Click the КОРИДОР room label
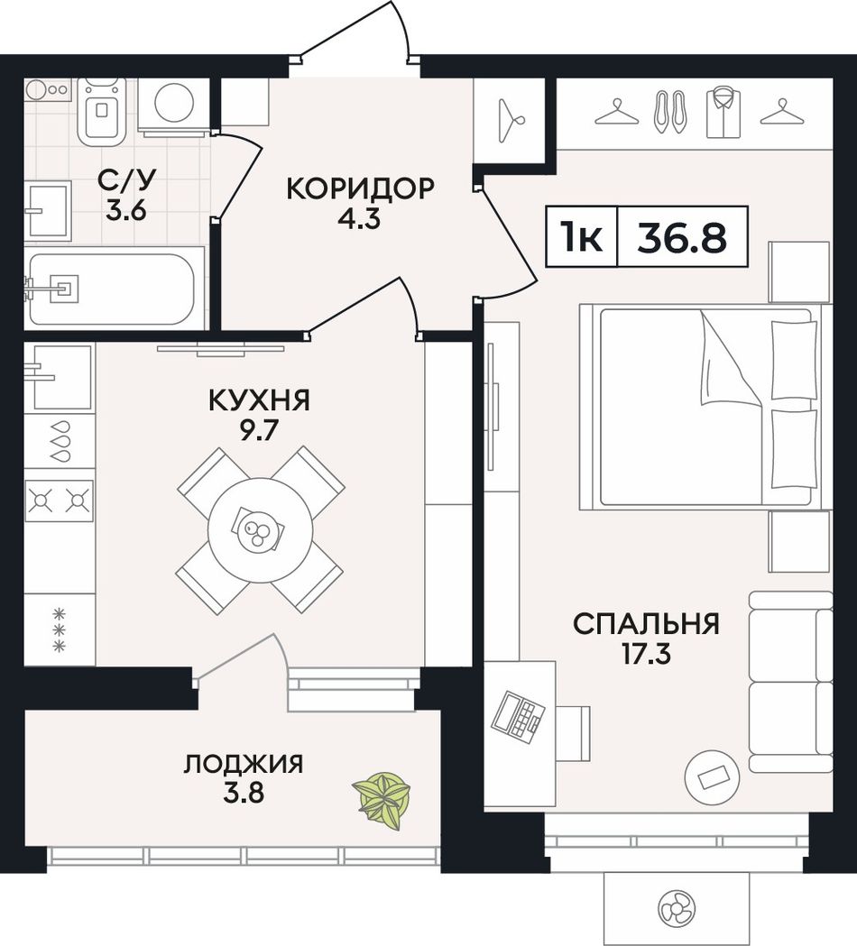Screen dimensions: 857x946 tap(360, 188)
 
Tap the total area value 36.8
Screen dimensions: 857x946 tap(682, 237)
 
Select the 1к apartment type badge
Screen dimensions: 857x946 tap(581, 237)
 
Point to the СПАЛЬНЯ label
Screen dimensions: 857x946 tap(646, 624)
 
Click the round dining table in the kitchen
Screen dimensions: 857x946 tap(260, 530)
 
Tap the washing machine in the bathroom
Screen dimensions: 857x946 tap(173, 103)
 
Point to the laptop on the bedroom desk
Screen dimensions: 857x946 tap(518, 714)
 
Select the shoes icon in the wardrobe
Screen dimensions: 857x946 tap(670, 112)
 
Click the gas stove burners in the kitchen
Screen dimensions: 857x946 tap(60, 501)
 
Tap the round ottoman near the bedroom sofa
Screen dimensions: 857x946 tap(712, 777)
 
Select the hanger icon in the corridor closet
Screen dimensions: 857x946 tap(511, 120)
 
